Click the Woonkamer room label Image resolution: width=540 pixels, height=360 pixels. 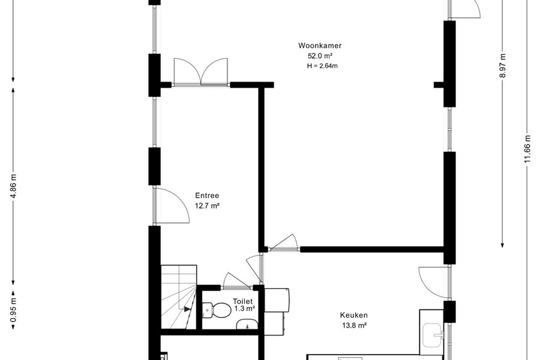click(x=320, y=46)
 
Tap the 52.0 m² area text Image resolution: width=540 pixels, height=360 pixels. click(x=320, y=56)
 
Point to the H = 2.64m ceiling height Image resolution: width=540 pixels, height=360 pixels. click(x=322, y=66)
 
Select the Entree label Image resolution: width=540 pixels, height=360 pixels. click(x=207, y=196)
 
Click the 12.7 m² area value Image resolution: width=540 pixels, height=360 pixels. click(x=208, y=206)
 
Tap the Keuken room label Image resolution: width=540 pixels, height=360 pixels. click(x=353, y=315)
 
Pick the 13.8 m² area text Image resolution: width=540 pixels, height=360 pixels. click(x=353, y=325)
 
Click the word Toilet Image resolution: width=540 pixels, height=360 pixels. click(x=242, y=301)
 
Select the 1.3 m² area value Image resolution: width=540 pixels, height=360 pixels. click(x=245, y=308)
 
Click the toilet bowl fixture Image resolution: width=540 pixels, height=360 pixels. click(x=216, y=310)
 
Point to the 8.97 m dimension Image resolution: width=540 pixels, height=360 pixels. click(x=503, y=65)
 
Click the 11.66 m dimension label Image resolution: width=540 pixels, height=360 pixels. click(x=527, y=150)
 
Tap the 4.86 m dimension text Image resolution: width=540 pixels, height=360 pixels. click(x=13, y=187)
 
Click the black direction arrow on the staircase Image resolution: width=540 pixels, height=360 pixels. click(x=187, y=309)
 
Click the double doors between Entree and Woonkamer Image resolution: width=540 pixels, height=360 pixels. click(x=201, y=71)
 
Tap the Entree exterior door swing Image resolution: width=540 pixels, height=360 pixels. click(x=171, y=206)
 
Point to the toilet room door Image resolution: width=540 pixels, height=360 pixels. click(x=237, y=280)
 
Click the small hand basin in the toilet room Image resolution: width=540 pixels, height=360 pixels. click(x=247, y=324)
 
